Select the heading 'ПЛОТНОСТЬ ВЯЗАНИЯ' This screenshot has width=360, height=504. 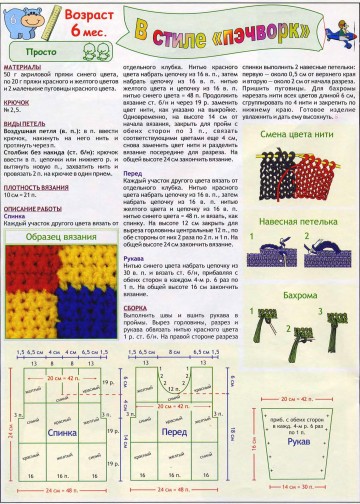[35, 187]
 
